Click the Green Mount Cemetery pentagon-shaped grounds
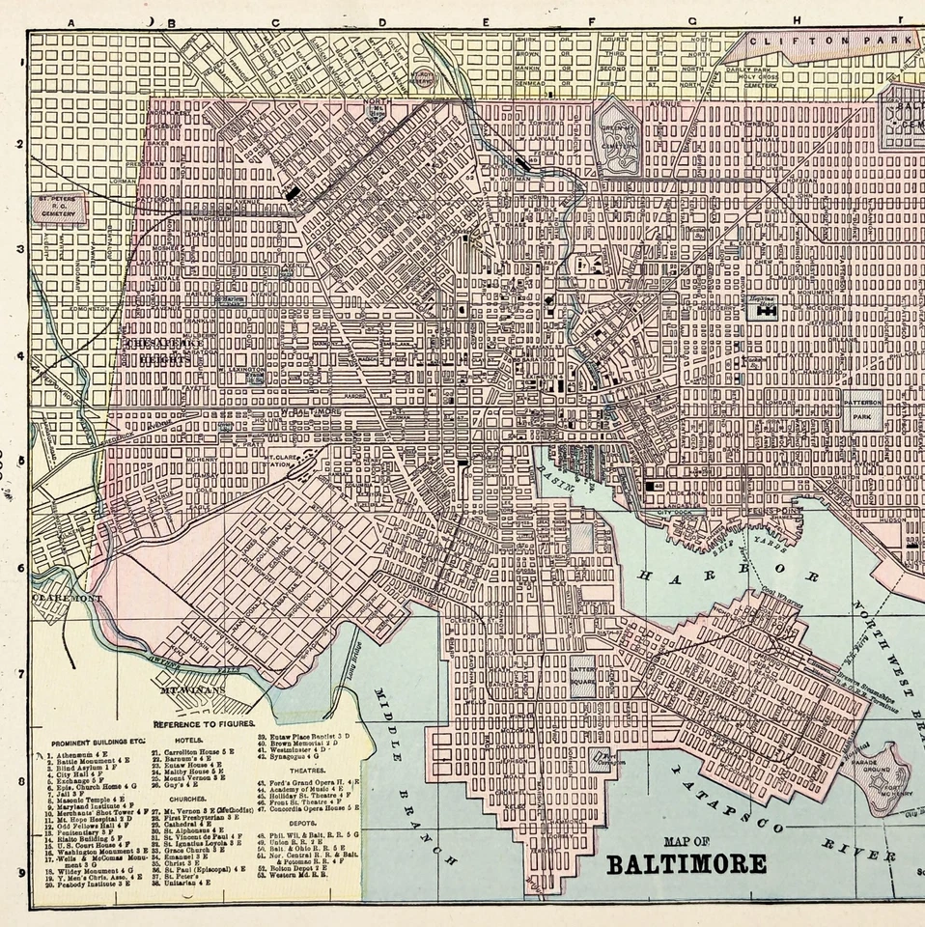[616, 141]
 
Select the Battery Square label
[582, 673]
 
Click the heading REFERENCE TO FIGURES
[204, 722]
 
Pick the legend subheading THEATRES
[310, 772]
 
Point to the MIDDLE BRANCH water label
[409, 772]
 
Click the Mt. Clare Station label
[279, 461]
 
